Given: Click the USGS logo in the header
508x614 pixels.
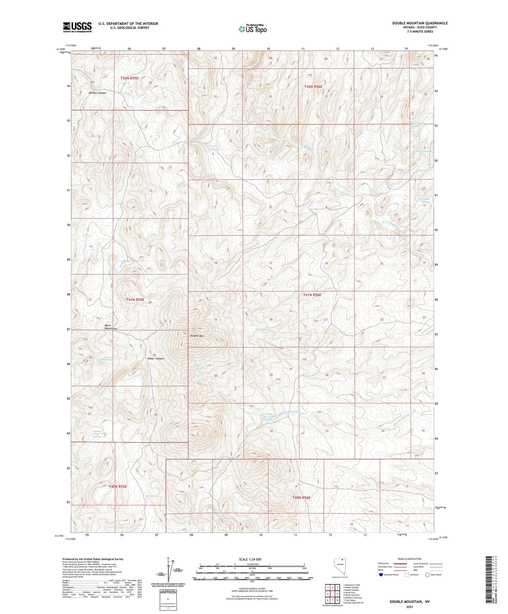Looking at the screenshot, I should (77, 27).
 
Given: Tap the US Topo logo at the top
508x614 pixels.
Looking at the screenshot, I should (252, 29).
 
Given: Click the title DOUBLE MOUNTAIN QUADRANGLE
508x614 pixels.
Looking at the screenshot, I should (420, 23).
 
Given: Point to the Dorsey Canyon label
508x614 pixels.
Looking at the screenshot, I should (97, 93).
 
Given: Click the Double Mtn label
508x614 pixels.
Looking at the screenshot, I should (197, 336).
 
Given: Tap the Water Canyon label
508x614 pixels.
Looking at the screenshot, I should (156, 359).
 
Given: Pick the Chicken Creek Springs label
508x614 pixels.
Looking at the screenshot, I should (97, 434).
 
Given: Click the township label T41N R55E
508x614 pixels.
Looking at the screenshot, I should (135, 300).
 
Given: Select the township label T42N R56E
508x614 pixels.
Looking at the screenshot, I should (313, 86).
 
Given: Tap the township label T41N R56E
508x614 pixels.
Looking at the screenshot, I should (312, 295).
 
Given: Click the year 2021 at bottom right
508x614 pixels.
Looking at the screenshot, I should (409, 607).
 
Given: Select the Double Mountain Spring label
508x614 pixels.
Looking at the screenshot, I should (269, 417).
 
